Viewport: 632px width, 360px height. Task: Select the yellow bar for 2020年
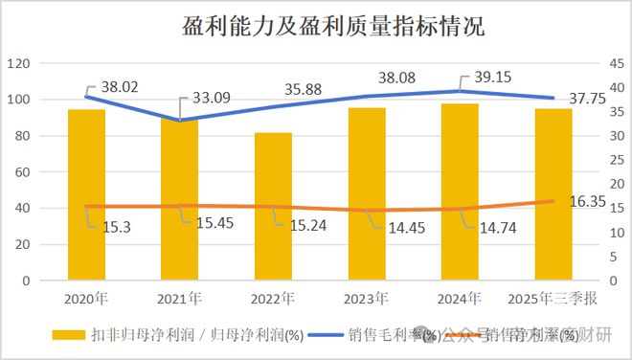tap(87, 195)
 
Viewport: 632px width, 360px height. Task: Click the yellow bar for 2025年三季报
tap(553, 195)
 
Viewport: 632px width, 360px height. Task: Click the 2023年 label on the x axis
tap(366, 299)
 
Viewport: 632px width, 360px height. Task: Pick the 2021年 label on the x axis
tap(180, 299)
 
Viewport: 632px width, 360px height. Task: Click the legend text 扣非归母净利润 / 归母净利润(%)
tap(197, 335)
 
